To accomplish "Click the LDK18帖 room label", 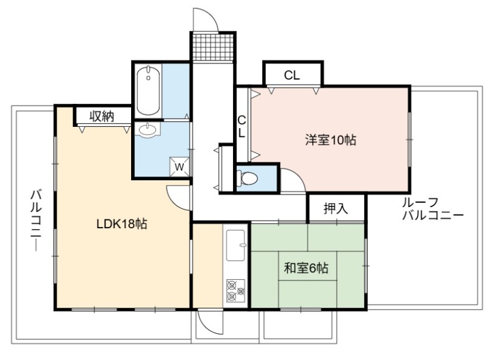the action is coord(122,224).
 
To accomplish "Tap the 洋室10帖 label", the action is coord(331,140).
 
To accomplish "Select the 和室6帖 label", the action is coord(306,269).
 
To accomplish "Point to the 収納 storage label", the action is coord(101,116).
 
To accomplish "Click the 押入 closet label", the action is coord(335,208).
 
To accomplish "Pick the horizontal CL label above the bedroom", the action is coord(291,75).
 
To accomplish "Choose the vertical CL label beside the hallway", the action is coord(242,127).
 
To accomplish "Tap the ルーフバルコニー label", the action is coord(433,209).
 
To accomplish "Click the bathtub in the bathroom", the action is coord(148,90).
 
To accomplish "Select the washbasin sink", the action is coord(147,130).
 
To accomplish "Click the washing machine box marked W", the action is coord(180,167).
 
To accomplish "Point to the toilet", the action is coord(247,178).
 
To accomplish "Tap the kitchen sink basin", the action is coord(235,245).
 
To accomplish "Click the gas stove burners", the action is coord(235,290).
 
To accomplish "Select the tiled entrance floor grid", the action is coord(213,47).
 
